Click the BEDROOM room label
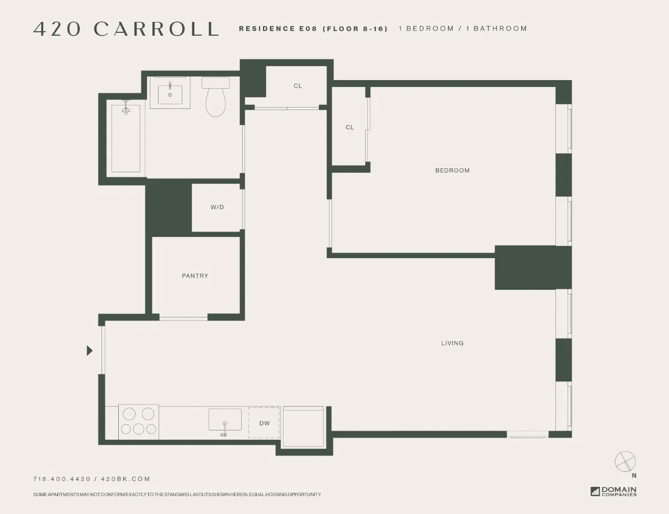[452, 171]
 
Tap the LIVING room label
[452, 343]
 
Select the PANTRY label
[195, 276]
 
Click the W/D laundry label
[217, 207]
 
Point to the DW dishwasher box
[264, 423]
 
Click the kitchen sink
[225, 420]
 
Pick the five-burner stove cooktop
[138, 422]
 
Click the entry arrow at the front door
[89, 350]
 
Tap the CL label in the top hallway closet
[298, 86]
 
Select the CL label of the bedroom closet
[349, 128]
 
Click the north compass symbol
[625, 462]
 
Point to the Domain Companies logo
[614, 492]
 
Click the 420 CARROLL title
[126, 29]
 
